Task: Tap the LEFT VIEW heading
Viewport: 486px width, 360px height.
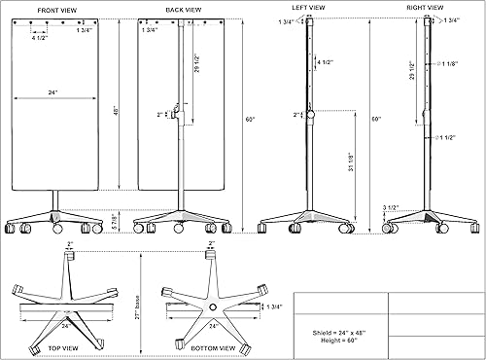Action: click(x=310, y=9)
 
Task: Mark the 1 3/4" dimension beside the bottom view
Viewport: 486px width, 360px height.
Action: click(x=274, y=307)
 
